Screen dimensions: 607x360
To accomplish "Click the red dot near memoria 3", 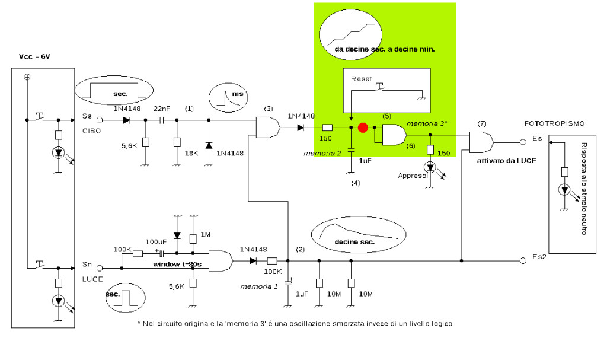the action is [363, 128].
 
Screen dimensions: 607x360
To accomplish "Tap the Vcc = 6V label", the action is [34, 56].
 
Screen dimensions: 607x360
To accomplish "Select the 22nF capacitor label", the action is [162, 109].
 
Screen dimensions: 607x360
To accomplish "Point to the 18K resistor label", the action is [191, 153].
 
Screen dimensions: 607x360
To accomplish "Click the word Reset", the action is [361, 79].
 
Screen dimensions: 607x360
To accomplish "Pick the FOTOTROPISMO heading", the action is [554, 123].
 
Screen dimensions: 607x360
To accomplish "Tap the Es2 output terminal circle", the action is [523, 261].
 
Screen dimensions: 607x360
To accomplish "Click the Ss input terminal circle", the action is [100, 120].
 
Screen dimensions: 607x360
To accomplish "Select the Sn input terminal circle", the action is [100, 267].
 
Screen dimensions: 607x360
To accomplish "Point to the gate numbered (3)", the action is [268, 127].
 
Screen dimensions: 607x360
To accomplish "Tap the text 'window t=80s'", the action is [177, 265].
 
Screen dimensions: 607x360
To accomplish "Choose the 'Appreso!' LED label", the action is [413, 176].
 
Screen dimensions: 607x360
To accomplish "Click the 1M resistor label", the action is [205, 234].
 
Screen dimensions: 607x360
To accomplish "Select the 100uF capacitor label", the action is [156, 242].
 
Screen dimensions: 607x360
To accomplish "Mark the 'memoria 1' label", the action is [259, 286].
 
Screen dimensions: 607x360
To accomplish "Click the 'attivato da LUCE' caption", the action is [506, 161].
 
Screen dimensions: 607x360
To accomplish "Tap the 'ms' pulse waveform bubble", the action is [228, 97].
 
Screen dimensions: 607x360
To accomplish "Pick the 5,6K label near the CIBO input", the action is [129, 146].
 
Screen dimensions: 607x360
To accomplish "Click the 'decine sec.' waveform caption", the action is [354, 242].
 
